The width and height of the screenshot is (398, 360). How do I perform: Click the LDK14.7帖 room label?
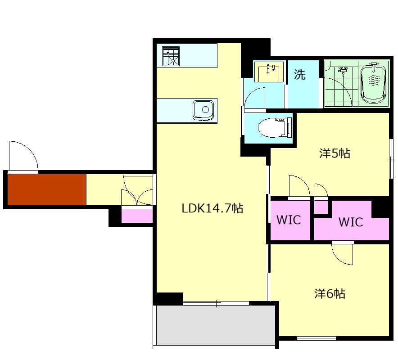coord(213,208)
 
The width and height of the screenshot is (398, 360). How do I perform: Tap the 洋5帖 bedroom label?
coord(335,153)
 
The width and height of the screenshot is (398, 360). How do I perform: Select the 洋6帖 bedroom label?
coord(330,293)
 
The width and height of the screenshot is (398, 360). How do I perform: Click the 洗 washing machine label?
coord(299,74)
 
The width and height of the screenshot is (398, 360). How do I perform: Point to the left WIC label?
coord(289,220)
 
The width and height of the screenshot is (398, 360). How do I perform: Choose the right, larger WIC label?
coord(351,222)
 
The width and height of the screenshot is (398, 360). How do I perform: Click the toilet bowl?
coord(275,127)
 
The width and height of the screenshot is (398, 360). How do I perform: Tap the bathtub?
coord(373,83)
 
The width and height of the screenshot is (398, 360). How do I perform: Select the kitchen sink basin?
coord(203,110)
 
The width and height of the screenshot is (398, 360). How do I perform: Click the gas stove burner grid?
coord(171,56)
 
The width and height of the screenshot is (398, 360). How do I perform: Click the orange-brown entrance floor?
coord(47,189)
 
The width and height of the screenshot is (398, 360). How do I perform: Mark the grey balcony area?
coord(216,325)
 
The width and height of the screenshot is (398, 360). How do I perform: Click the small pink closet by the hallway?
coord(137,216)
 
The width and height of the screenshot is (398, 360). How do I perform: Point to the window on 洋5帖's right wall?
coord(391,159)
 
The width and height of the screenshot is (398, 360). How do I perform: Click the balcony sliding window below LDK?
coord(216,303)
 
